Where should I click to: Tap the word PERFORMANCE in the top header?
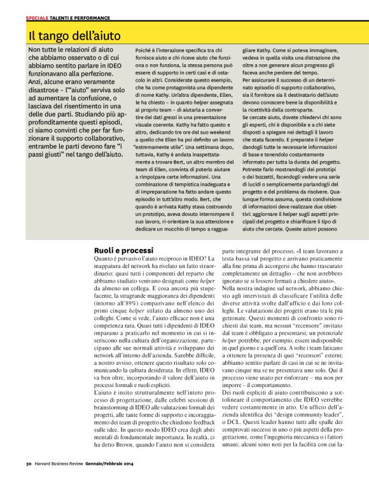pos(94,18)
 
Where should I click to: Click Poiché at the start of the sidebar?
pos(144,50)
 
